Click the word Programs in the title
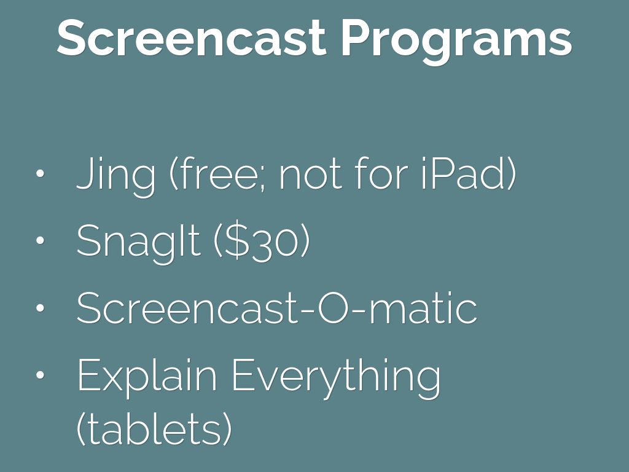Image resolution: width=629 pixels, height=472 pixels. pyautogui.click(x=456, y=38)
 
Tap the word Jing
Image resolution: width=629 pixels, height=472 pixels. pyautogui.click(x=116, y=175)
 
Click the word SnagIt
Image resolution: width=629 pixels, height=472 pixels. pyautogui.click(x=138, y=242)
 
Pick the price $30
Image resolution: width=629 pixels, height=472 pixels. pyautogui.click(x=261, y=242)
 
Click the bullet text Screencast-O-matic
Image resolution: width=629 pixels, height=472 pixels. pyautogui.click(x=276, y=309)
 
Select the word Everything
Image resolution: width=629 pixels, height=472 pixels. pyautogui.click(x=336, y=376)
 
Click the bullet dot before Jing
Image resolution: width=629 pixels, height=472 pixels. pyautogui.click(x=41, y=175)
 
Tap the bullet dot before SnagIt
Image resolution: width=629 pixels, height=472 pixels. pyautogui.click(x=41, y=242)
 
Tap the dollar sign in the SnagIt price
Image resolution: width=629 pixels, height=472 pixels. pyautogui.click(x=238, y=242)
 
